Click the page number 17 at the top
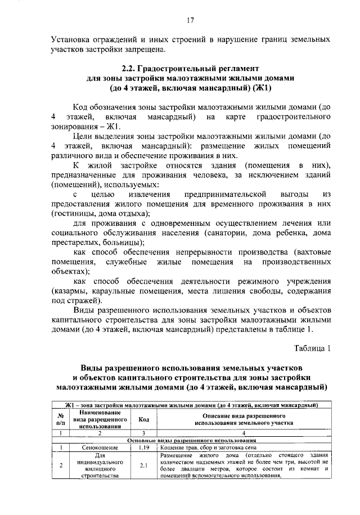190,21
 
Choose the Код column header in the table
143,420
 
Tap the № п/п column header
60,420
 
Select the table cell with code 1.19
143,447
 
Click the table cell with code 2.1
143,465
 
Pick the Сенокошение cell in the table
101,447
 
